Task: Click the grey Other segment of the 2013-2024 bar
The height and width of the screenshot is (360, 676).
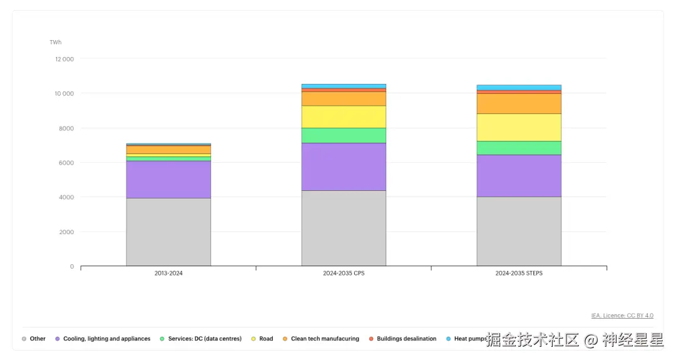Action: tap(168, 232)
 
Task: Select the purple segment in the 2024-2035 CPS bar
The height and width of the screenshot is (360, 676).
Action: tap(344, 167)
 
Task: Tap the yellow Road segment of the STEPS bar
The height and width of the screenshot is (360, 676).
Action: tap(519, 127)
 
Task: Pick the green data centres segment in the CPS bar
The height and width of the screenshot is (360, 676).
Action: tap(344, 135)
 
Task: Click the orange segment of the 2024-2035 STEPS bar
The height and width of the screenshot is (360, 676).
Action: tap(519, 103)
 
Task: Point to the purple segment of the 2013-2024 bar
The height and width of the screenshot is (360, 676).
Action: tap(168, 180)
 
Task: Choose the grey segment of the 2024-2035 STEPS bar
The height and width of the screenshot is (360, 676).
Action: tap(519, 231)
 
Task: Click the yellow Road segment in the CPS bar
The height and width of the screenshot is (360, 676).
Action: tap(344, 116)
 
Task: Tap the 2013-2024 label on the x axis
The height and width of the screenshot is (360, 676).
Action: tap(168, 274)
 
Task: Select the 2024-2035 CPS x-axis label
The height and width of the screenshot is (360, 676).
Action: tap(344, 274)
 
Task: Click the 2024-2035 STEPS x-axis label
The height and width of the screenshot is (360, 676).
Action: tap(519, 274)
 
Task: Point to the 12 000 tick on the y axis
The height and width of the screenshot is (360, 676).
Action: tap(64, 59)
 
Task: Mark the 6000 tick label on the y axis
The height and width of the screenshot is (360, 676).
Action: tap(66, 163)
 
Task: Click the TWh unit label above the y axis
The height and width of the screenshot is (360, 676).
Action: tap(56, 43)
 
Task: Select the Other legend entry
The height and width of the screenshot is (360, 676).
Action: tap(37, 339)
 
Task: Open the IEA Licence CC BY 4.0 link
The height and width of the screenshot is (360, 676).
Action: tap(622, 316)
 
